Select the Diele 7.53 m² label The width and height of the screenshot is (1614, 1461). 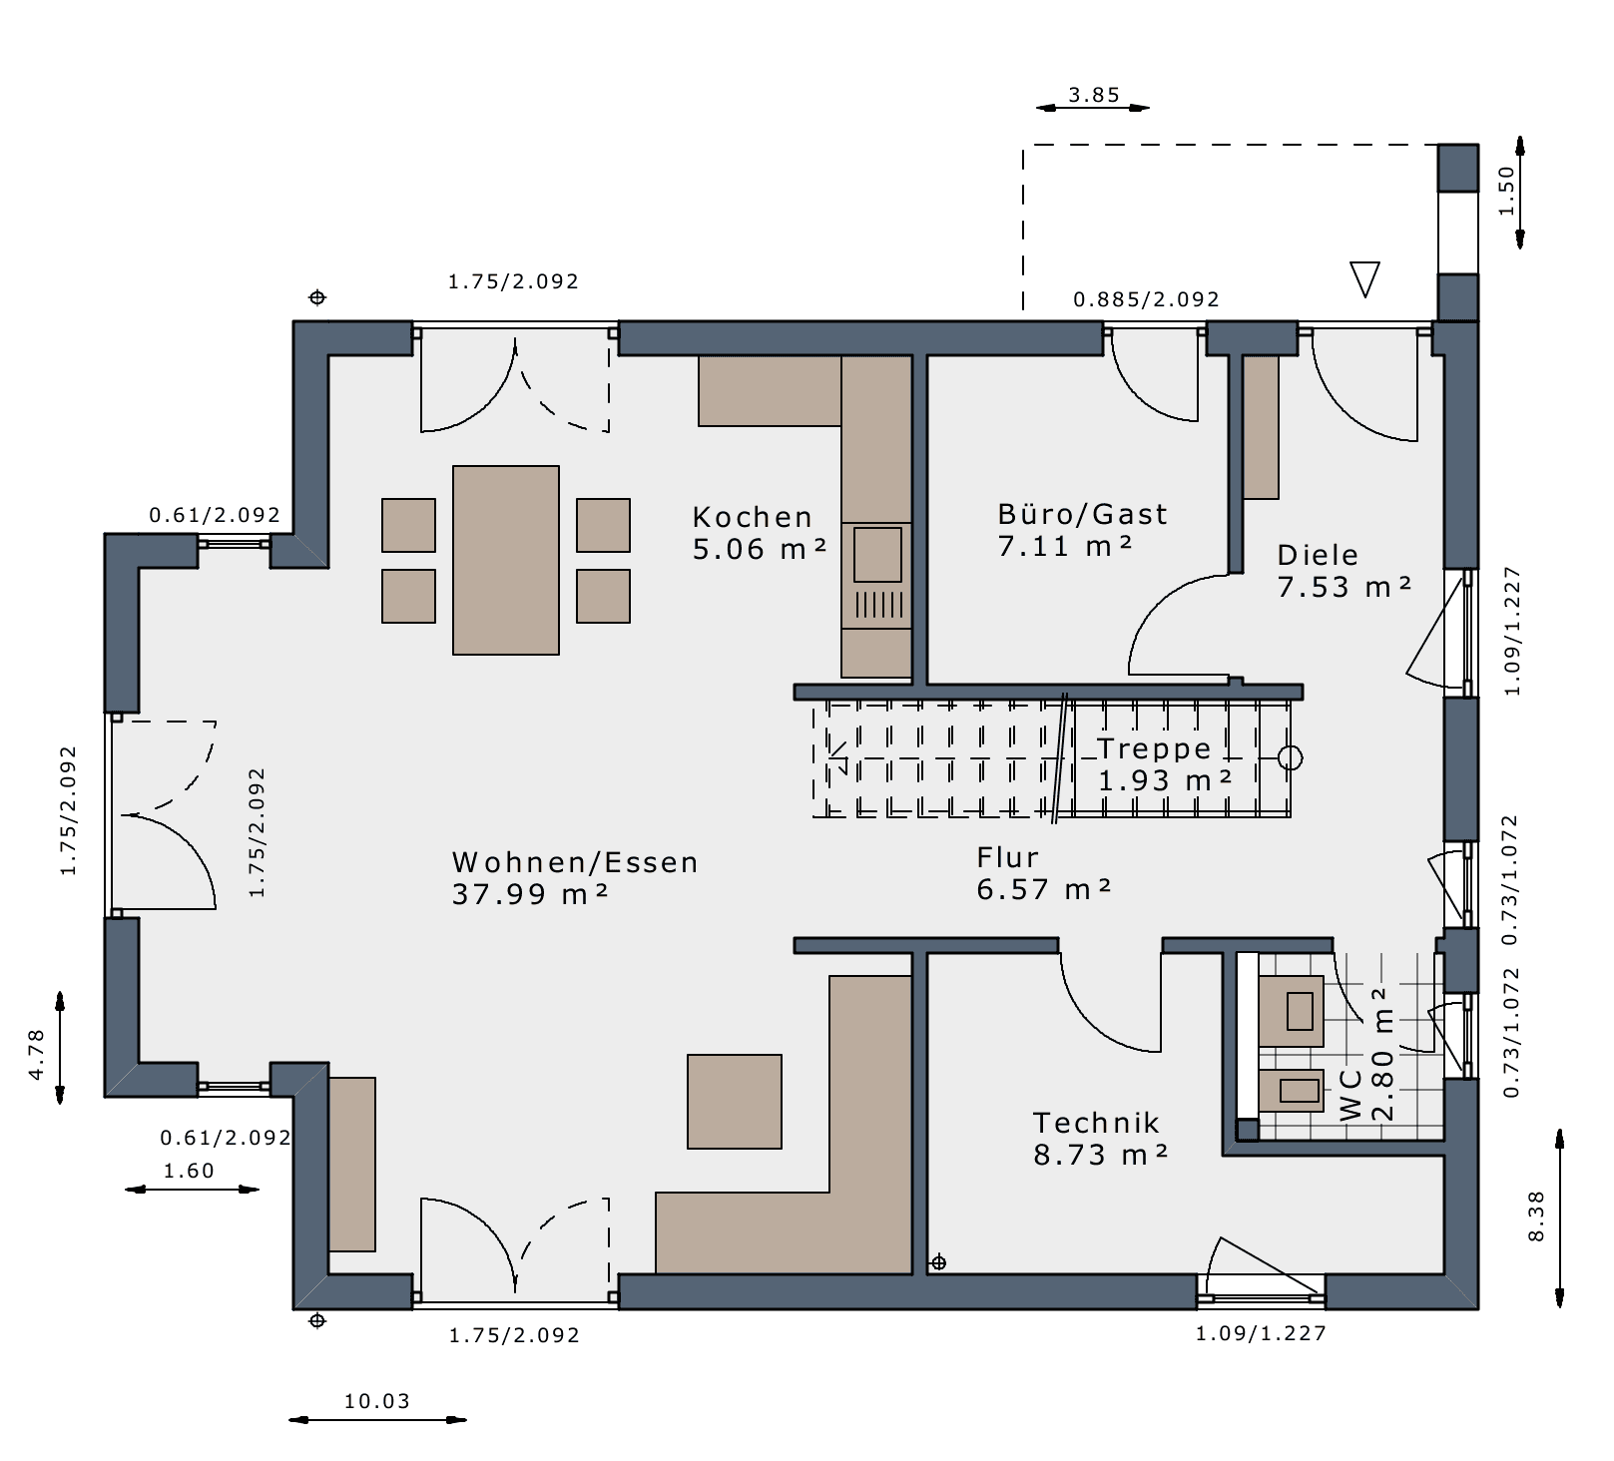[1345, 571]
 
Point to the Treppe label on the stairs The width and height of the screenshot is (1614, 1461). [1154, 748]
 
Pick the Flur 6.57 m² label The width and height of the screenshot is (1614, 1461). [1044, 873]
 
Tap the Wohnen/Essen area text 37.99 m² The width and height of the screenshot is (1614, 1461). [530, 894]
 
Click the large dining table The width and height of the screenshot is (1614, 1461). [506, 560]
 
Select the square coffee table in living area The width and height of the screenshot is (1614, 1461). [735, 1102]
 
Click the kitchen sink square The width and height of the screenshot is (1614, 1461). [877, 554]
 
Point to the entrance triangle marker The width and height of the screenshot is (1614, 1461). [1364, 279]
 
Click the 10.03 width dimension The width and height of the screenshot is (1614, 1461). [377, 1401]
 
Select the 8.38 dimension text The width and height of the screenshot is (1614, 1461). [1536, 1216]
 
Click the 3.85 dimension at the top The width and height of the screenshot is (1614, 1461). [1094, 95]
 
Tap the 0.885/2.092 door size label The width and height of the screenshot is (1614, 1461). [1146, 299]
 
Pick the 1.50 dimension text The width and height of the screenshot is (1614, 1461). [1506, 191]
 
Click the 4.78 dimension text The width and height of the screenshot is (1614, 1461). [36, 1054]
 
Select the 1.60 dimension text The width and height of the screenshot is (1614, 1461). [189, 1171]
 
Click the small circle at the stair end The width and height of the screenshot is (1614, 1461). [1291, 758]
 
